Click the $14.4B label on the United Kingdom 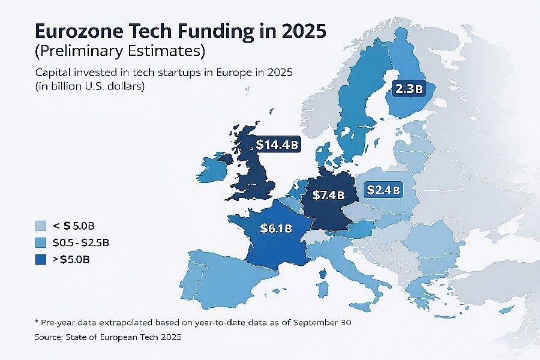click(x=278, y=145)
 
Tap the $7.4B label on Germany click(x=329, y=195)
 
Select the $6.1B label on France click(x=276, y=228)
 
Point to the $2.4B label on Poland click(x=383, y=190)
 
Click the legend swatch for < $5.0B click(x=41, y=226)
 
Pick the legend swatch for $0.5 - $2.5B click(x=41, y=242)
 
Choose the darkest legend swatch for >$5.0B click(x=41, y=259)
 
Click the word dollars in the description click(x=128, y=86)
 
